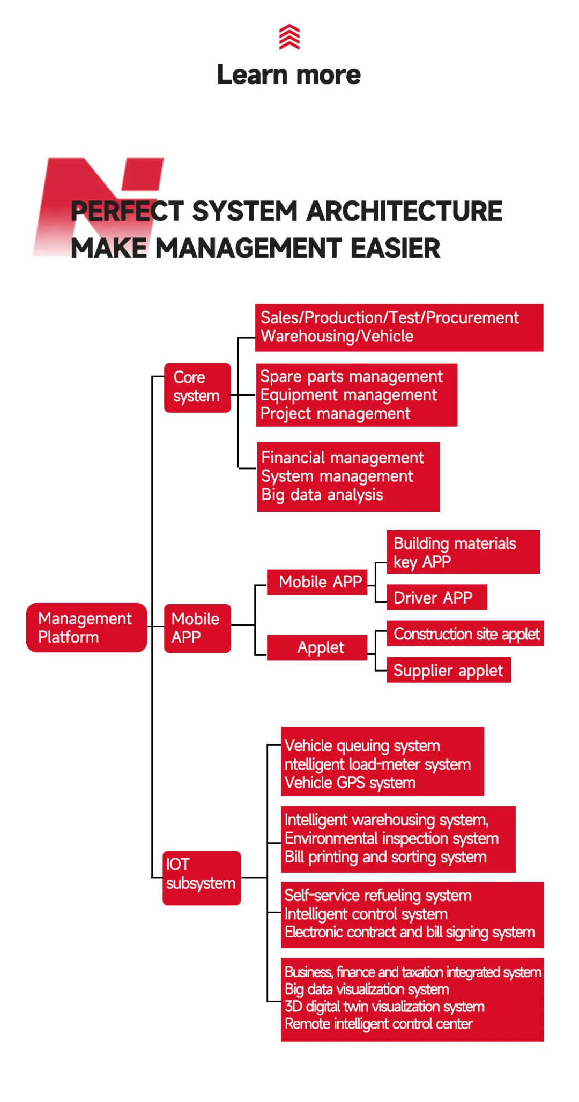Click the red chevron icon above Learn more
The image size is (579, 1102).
point(289,36)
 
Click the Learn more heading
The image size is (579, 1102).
point(289,75)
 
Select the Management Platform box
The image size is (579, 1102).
point(86,628)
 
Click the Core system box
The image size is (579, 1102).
point(197,388)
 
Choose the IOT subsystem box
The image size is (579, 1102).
point(202,878)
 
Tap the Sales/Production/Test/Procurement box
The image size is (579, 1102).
point(399,327)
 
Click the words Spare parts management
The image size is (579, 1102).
point(352,377)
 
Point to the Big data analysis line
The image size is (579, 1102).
point(322,495)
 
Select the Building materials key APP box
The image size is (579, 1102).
point(463,552)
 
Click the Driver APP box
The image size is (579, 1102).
point(437,598)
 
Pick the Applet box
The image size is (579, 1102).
point(317,647)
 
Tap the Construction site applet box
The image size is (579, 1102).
point(465,634)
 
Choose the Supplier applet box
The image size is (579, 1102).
point(449,670)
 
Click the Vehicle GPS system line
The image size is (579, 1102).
point(350,783)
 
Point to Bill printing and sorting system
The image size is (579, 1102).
point(385,857)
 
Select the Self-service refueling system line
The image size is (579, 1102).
point(378,896)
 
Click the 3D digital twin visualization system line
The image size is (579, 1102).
point(384,1007)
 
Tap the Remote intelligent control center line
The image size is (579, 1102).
point(378,1024)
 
